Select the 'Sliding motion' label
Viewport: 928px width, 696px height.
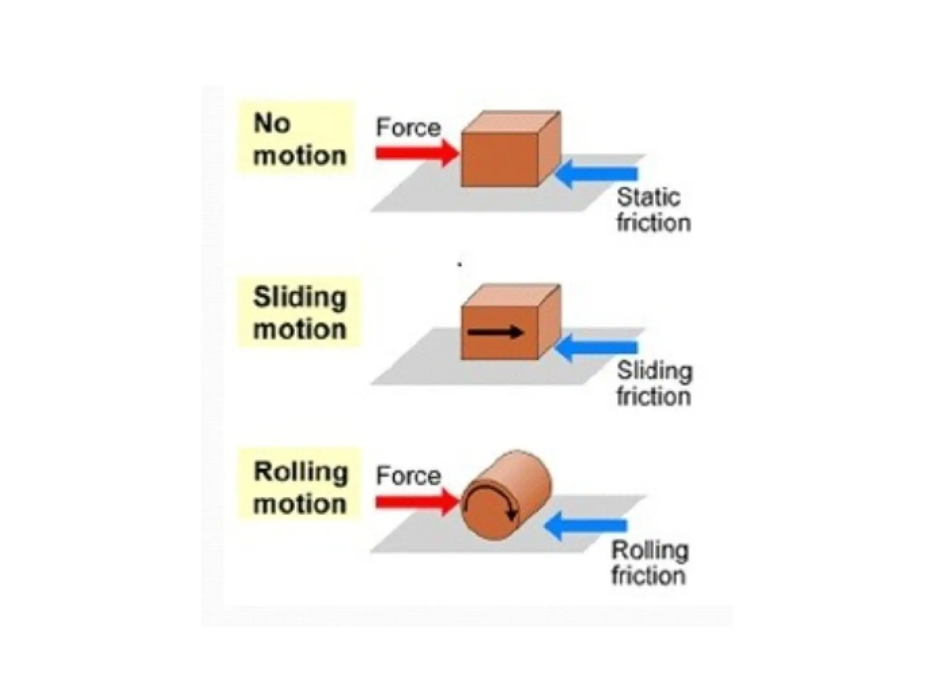coord(299,313)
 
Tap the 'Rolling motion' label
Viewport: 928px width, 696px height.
coord(300,488)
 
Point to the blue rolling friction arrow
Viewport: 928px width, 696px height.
coord(586,526)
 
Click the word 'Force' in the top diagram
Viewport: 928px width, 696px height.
coord(408,128)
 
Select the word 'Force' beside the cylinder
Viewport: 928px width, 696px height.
coord(408,476)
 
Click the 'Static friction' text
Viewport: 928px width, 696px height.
coord(652,210)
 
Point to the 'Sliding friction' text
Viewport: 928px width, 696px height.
coord(654,384)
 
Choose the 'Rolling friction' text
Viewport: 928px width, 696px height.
coord(649,563)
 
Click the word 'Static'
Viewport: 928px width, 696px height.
coord(648,198)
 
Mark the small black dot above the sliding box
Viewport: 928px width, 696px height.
coord(459,264)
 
